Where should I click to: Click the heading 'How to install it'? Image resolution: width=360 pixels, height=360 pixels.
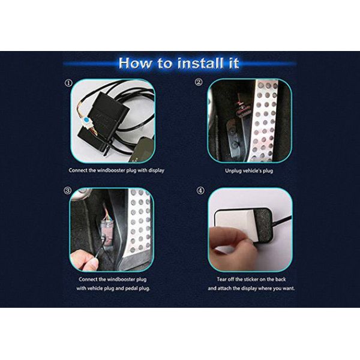pos(179,64)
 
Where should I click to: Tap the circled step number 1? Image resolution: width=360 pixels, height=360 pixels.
pos(68,83)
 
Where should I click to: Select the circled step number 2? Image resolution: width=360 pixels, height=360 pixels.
pos(199,82)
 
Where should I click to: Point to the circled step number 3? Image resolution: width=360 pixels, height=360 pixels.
pos(67,191)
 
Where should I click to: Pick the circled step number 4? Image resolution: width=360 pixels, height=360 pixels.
pos(200,191)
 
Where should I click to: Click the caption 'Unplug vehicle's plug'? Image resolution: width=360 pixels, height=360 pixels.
pos(249,171)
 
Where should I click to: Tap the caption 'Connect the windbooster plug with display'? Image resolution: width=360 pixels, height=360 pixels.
pos(116,170)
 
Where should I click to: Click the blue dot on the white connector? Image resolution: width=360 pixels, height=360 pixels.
pos(86,120)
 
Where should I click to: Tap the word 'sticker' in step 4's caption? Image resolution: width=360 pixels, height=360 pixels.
pos(251,280)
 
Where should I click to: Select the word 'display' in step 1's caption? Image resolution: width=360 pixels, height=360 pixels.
pos(157,170)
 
